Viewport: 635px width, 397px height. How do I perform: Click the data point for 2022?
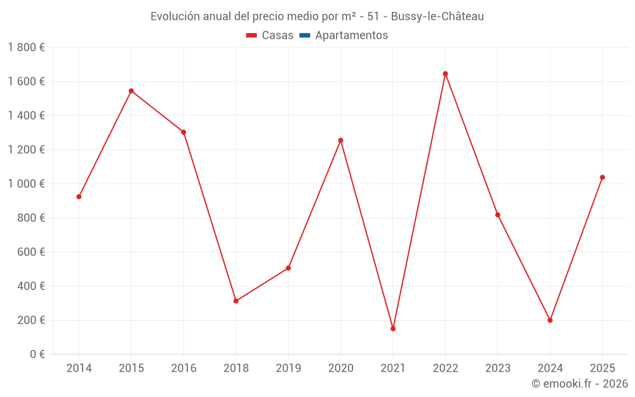445,74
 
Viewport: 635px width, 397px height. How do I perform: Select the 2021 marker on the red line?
393,328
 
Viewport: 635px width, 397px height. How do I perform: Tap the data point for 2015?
131,91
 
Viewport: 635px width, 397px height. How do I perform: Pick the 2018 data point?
236,301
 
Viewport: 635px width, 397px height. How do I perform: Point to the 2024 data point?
550,320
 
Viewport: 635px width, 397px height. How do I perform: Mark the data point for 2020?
340,140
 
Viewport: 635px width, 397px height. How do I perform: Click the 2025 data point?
603,177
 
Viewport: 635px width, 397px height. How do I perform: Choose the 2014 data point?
79,197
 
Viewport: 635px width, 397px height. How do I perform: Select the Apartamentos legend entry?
351,36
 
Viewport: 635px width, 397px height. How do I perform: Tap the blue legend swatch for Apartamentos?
305,36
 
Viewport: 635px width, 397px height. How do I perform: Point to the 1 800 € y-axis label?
26,48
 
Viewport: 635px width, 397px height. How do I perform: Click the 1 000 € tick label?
26,184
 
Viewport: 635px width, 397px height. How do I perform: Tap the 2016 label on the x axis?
184,368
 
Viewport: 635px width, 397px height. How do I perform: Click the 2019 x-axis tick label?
288,368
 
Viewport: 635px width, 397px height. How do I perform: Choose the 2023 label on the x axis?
498,368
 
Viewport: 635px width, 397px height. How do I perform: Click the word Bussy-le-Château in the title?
438,17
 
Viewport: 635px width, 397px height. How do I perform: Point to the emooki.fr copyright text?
580,384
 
